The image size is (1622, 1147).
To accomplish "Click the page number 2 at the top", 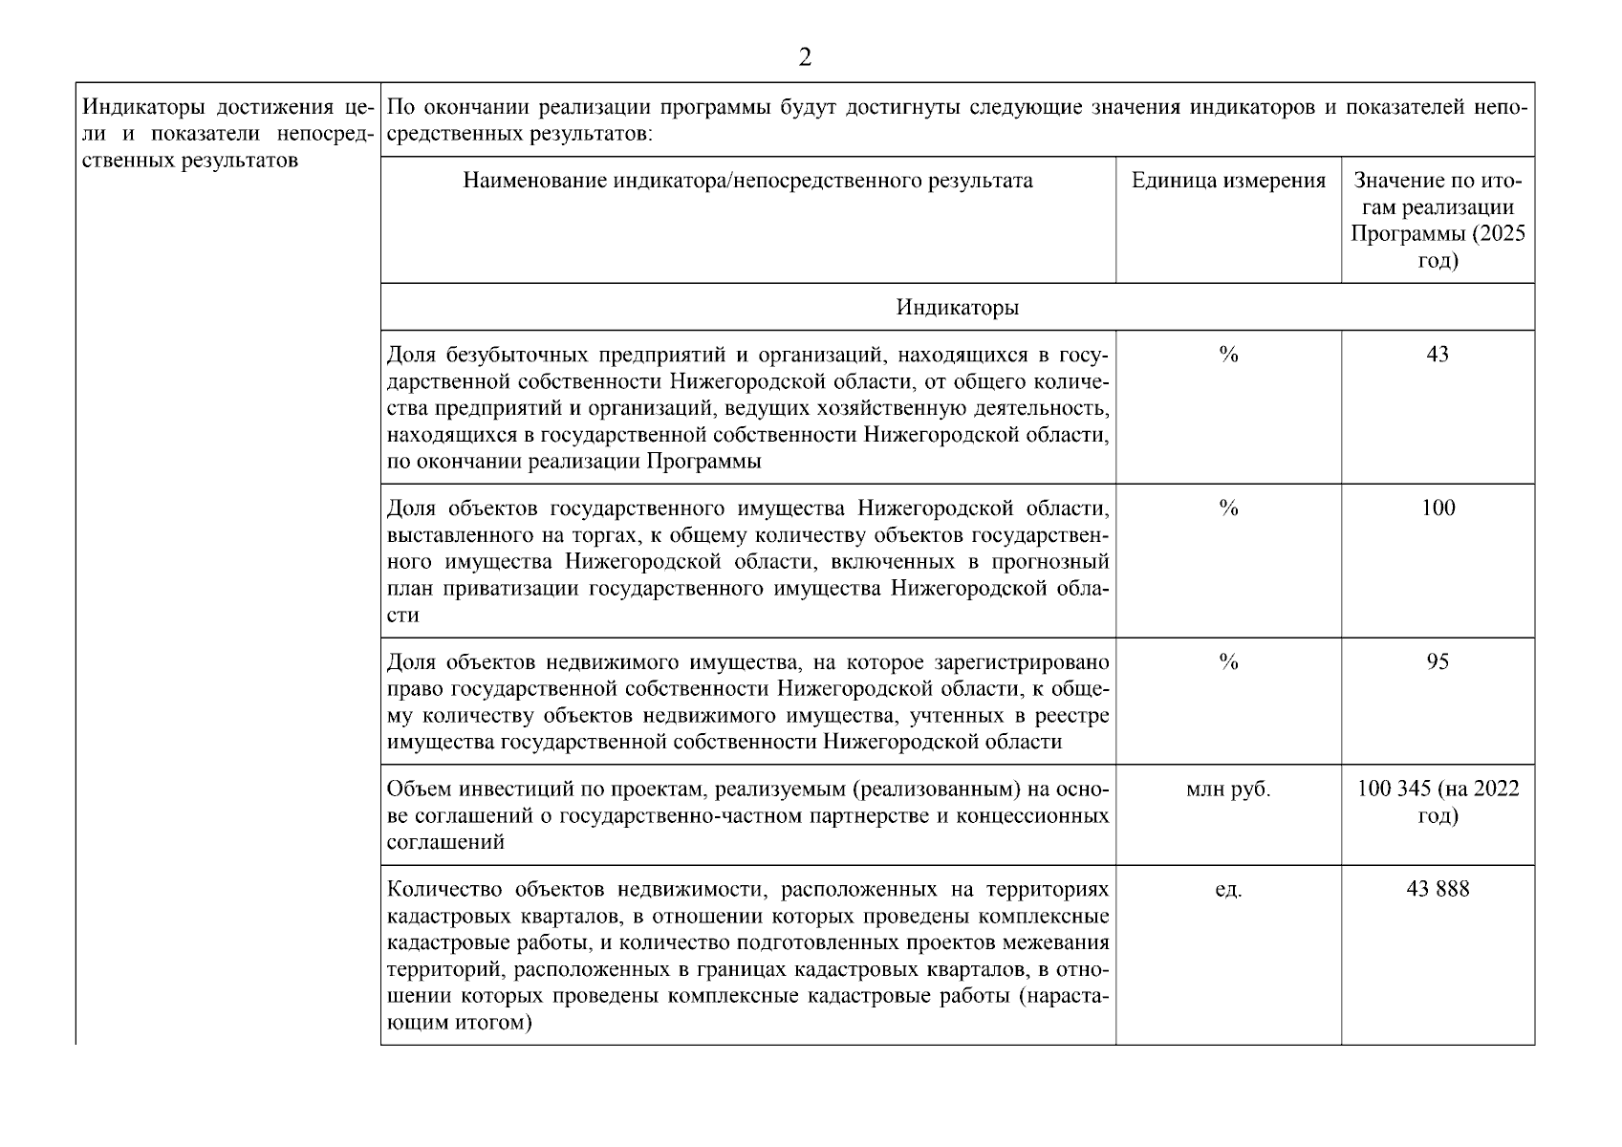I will coord(805,58).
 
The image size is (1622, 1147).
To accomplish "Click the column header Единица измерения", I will coord(1228,181).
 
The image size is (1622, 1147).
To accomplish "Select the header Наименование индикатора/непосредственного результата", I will coord(747,181).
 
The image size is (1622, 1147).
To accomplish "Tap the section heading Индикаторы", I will coord(957,307).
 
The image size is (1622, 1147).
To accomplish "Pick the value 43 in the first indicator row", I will coord(1437,355).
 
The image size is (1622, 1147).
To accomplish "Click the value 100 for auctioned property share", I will coord(1438,508).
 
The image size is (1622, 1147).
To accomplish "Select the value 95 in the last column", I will coord(1437,661).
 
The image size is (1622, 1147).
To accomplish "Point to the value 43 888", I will coord(1438,889).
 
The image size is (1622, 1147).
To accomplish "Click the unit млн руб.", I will coord(1228,790).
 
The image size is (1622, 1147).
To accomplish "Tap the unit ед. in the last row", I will coord(1228,890).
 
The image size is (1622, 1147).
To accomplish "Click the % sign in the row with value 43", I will coord(1228,355).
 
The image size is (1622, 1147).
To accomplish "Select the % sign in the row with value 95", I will coord(1228,661).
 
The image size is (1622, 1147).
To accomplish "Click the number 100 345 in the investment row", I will coord(1393,789).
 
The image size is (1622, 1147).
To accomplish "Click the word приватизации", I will coord(519,589).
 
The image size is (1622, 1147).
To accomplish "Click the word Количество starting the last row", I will coord(444,890).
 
